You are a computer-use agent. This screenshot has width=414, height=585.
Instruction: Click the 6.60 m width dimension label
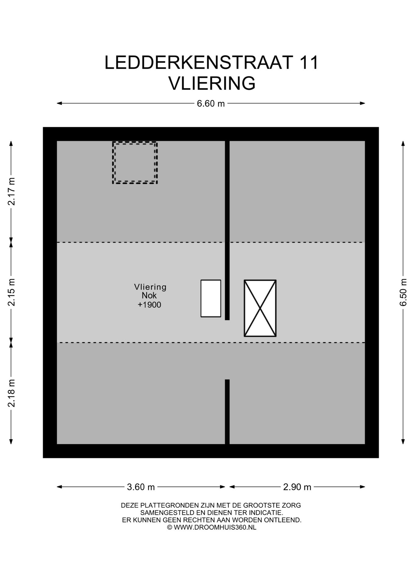click(211, 104)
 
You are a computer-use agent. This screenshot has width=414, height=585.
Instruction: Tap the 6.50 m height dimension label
click(403, 292)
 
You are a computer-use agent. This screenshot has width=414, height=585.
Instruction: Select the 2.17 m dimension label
click(11, 191)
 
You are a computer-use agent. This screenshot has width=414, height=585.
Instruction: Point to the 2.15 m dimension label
click(11, 292)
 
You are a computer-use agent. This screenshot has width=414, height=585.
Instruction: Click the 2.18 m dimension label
click(11, 393)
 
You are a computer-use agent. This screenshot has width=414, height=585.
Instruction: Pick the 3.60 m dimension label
click(141, 487)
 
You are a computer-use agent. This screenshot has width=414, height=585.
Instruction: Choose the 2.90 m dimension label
click(297, 487)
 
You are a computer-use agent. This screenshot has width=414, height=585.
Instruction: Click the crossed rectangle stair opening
click(260, 308)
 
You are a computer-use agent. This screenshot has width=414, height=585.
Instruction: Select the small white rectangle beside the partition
click(211, 298)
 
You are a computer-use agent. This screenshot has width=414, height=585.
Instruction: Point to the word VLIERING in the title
click(212, 83)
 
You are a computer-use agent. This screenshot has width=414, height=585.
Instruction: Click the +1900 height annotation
click(149, 305)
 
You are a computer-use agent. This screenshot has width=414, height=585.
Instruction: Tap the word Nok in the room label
click(149, 295)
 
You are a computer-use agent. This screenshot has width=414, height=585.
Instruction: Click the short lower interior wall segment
click(227, 412)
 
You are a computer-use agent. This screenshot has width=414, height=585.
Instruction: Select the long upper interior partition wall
click(227, 230)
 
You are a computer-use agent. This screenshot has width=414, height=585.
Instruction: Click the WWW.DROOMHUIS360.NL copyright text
click(215, 527)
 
